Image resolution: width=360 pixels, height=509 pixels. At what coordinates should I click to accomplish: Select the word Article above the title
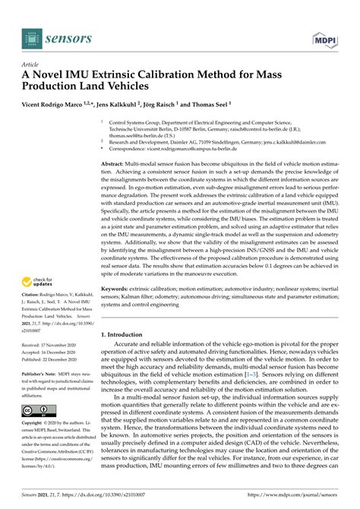(30, 65)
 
